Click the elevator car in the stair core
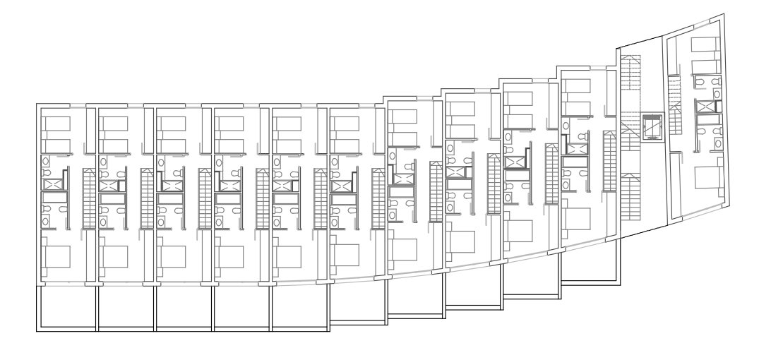point(649,126)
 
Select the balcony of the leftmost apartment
point(66,306)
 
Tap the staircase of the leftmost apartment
point(89,198)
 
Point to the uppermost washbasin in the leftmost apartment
point(47,161)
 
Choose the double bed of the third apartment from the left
point(172,257)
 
